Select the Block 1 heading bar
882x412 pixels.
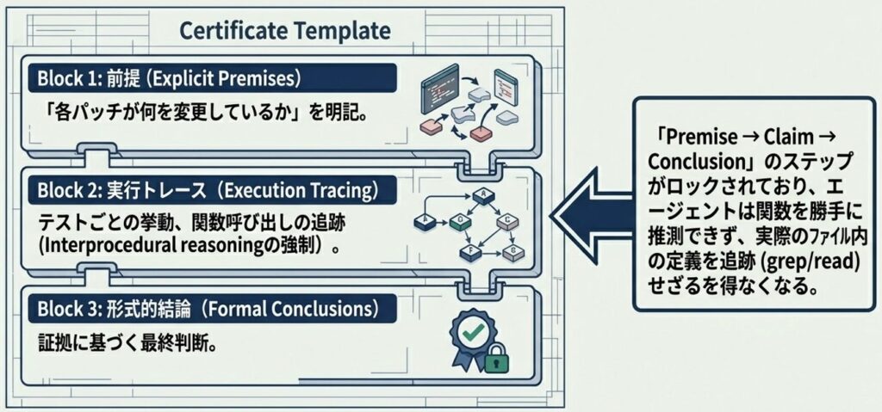tap(213, 78)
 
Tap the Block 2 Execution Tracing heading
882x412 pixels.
tap(213, 191)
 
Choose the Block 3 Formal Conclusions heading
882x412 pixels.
tap(213, 309)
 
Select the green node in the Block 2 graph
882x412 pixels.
tap(460, 221)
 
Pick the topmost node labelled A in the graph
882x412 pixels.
tap(482, 195)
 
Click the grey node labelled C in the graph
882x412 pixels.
tap(506, 221)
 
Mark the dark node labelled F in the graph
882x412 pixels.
tap(469, 252)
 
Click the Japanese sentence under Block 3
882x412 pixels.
tap(129, 341)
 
